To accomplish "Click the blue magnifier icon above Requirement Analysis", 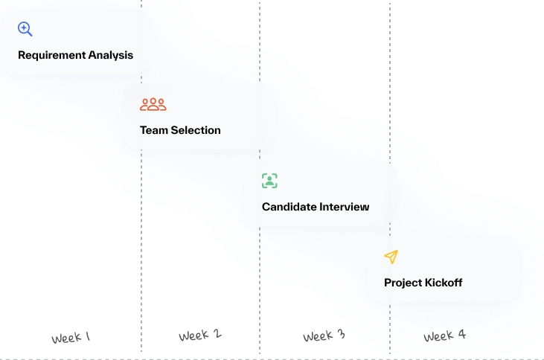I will coord(25,29).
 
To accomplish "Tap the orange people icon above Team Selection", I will coord(153,104).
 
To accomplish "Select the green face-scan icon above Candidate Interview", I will coord(269,180).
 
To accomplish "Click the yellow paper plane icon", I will coord(391,257).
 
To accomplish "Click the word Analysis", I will coord(110,55).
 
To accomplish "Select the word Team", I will coord(154,130).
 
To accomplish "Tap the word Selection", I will coord(196,130).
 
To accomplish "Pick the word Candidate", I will coord(289,207).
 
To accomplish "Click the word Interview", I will coord(344,207).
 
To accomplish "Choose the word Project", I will coord(403,283).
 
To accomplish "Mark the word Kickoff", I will coord(444,283).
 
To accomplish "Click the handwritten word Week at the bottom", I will coord(438,337).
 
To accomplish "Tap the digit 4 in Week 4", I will coord(462,335).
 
